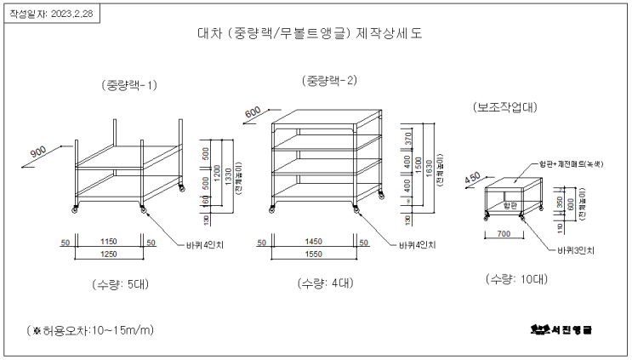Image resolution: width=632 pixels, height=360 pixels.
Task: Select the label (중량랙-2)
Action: [328, 80]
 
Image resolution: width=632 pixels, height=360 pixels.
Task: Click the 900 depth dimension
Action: [39, 152]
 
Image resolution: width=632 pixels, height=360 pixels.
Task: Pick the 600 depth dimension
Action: [253, 112]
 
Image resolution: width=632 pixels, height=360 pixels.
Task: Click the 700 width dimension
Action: [504, 232]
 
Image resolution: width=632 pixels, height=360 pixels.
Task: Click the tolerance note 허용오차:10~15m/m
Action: [88, 329]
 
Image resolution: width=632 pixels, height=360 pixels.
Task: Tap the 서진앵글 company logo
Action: [560, 329]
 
